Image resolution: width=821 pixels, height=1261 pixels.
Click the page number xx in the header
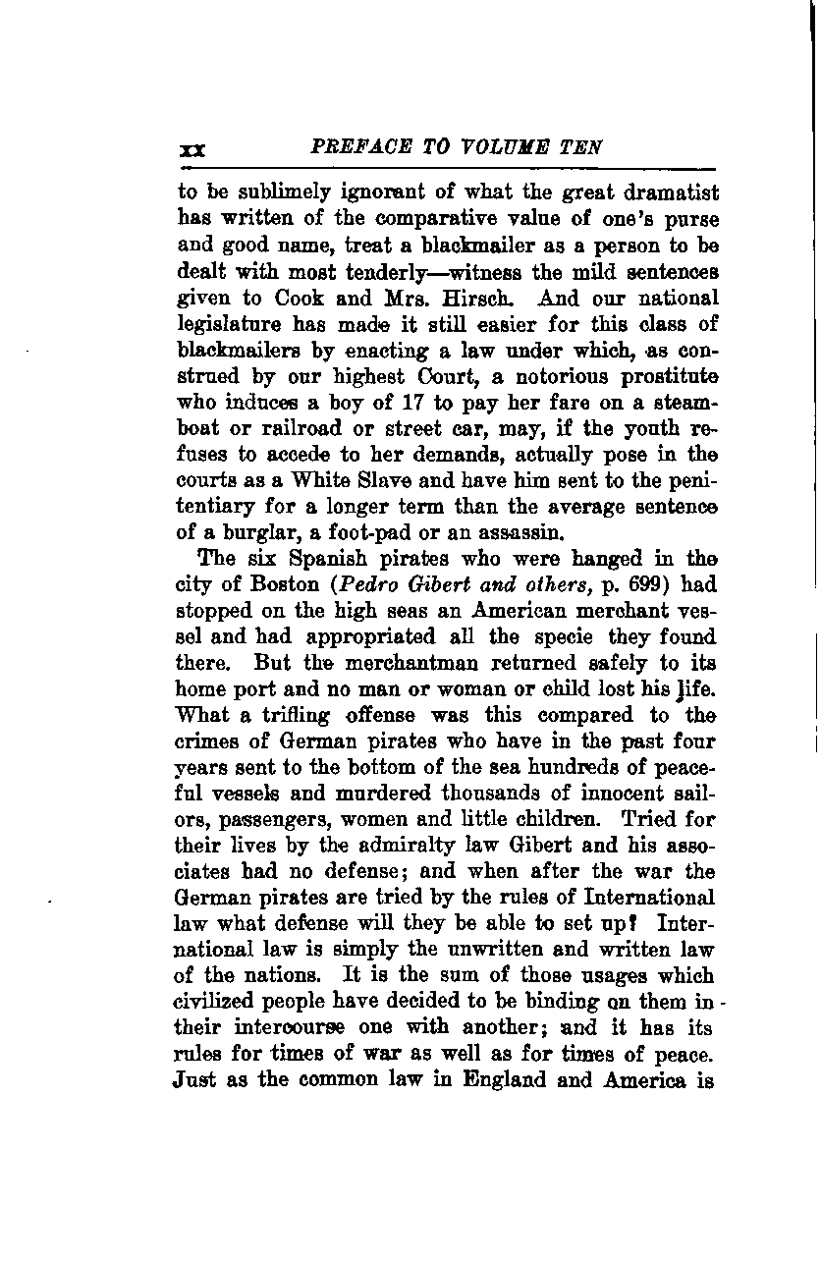pyautogui.click(x=191, y=149)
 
